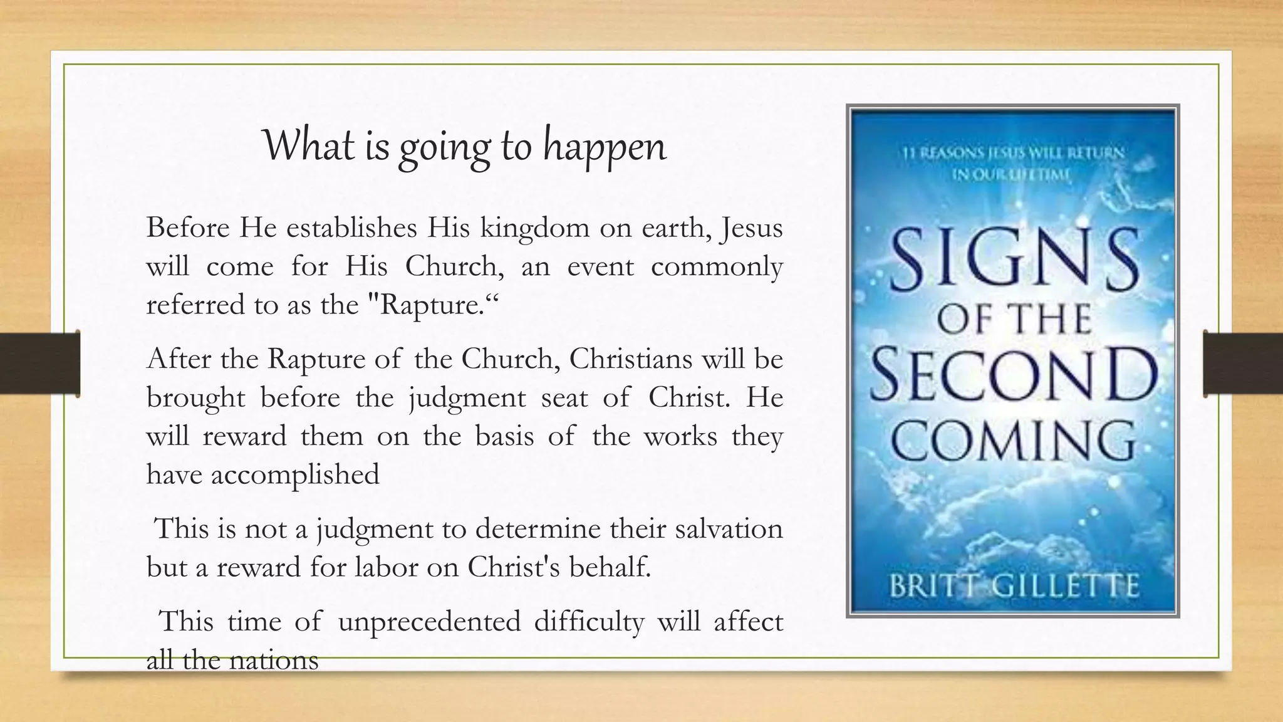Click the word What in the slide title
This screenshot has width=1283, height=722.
coord(306,145)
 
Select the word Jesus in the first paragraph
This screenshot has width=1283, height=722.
coord(752,228)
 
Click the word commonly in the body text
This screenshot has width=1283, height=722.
coord(717,267)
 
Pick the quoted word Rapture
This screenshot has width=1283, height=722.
coord(429,305)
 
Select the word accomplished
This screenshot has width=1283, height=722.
coord(295,474)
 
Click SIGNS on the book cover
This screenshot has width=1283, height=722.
coord(1013,259)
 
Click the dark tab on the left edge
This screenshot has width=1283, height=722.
coord(40,364)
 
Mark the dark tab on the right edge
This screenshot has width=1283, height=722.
coord(1243,364)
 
